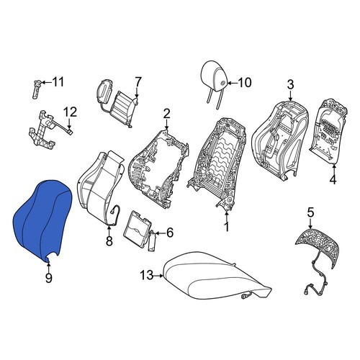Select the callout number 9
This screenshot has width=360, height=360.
49,278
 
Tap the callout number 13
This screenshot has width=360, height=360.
147,275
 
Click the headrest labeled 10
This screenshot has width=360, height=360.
215,84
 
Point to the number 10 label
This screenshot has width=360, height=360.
245,83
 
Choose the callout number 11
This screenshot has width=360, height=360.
58,82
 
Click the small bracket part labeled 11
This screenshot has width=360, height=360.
36,89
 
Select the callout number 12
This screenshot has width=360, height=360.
71,112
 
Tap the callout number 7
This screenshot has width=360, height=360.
138,82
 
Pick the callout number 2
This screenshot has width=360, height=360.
166,114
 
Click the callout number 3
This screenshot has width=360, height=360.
290,84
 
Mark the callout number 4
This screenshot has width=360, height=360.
333,179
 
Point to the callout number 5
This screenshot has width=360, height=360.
310,212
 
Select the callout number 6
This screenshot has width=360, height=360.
170,233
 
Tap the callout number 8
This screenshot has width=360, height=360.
109,240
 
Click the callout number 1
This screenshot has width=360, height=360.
227,227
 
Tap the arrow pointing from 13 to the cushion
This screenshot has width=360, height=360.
158,276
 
